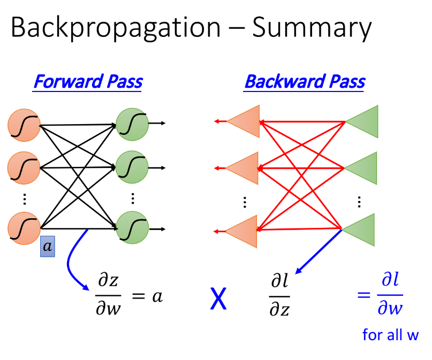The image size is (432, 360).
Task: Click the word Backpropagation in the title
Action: [115, 28]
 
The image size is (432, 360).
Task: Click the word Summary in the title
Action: [312, 28]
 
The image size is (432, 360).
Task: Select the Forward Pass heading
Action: [88, 82]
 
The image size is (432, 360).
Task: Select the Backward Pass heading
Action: [305, 82]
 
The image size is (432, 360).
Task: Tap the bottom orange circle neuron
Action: [24, 228]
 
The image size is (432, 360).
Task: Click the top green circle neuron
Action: [132, 125]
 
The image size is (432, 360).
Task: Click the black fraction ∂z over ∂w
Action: [109, 296]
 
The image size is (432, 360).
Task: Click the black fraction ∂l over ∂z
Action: [279, 296]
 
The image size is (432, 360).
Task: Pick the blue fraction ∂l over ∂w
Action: [390, 296]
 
